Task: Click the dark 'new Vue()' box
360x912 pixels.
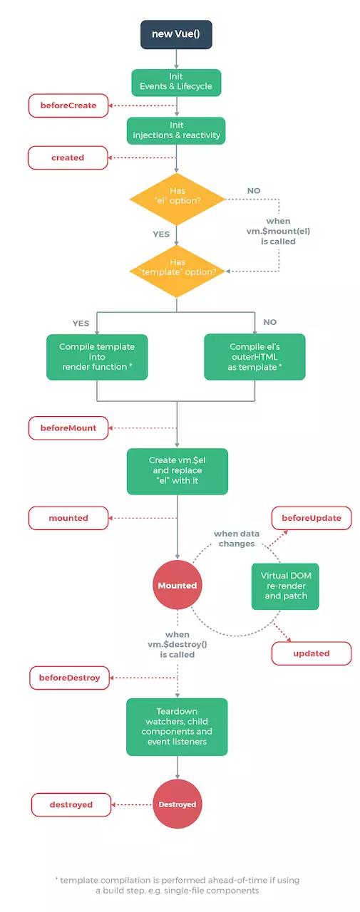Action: [x=176, y=34]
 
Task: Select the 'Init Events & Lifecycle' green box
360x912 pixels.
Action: [x=176, y=82]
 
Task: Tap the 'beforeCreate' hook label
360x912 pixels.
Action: [x=68, y=106]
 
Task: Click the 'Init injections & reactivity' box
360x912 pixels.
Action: [x=176, y=130]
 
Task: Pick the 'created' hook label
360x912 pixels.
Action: [x=68, y=157]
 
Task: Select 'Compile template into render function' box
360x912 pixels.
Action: [x=97, y=356]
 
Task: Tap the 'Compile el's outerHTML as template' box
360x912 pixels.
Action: [x=254, y=356]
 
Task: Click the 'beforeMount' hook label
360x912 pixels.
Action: [x=68, y=428]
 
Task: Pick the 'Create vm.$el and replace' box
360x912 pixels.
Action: [x=177, y=471]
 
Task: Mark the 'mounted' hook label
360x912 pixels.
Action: [x=68, y=518]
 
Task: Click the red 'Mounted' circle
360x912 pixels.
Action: [x=177, y=586]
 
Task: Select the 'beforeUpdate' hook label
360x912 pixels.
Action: [x=312, y=518]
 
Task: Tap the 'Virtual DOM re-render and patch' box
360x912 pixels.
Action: [x=285, y=586]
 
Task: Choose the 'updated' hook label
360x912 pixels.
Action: [x=312, y=653]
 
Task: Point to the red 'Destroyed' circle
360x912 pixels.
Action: [x=177, y=804]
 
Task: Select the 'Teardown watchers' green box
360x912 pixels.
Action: [x=177, y=727]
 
